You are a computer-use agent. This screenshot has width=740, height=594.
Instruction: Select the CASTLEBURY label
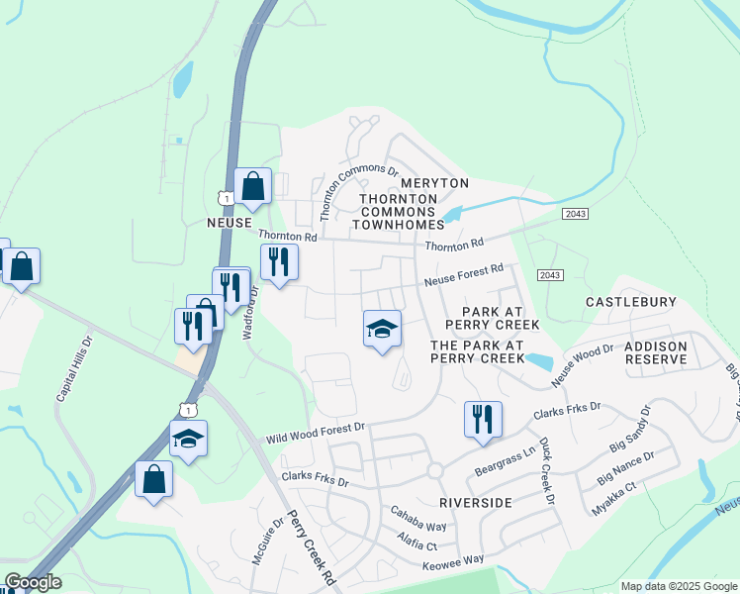click(x=631, y=301)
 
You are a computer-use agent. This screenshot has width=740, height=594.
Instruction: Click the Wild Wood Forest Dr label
click(x=316, y=432)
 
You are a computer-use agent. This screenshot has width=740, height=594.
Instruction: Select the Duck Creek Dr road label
click(x=545, y=472)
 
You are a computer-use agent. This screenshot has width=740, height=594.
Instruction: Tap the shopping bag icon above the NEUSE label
click(x=253, y=185)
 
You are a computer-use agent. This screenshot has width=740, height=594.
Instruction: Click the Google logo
click(x=33, y=583)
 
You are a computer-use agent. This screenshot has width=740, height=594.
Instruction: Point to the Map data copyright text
click(x=678, y=586)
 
